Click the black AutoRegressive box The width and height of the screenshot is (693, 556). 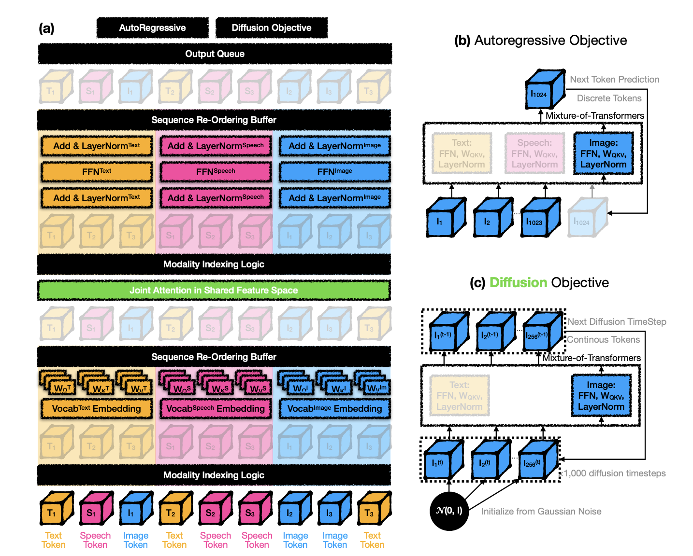152,28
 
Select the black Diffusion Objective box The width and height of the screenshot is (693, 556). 271,28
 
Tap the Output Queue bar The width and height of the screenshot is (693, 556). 215,54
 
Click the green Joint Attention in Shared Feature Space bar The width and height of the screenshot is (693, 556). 214,291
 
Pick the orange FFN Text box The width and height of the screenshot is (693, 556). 97,172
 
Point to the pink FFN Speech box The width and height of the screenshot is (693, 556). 216,172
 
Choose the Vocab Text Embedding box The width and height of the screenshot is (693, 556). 97,409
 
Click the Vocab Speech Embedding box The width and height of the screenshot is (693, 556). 216,409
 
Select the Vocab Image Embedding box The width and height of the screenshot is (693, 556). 334,409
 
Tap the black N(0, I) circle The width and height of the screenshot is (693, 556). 449,511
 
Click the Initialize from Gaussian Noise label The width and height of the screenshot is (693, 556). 541,512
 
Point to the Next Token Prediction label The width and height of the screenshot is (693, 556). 614,80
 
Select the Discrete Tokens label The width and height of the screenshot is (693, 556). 609,98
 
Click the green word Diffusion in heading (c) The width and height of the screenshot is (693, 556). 518,283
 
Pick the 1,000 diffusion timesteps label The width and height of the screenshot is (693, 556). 614,473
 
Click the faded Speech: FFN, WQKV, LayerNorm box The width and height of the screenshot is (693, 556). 534,153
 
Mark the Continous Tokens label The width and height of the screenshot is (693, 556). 603,340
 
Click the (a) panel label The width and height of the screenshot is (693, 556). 46,28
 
